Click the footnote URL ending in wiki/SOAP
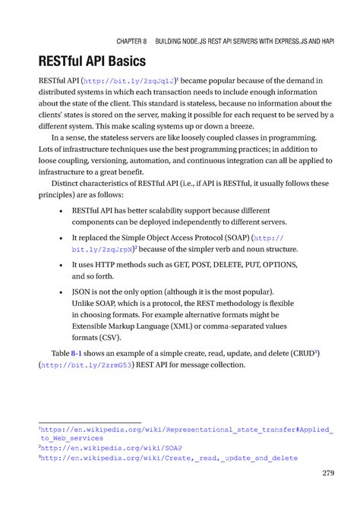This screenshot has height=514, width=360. tap(93, 449)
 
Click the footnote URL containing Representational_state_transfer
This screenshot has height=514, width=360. tap(186, 429)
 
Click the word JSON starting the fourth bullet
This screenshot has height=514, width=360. tap(83, 292)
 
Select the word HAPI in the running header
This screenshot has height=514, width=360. tap(324, 38)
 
